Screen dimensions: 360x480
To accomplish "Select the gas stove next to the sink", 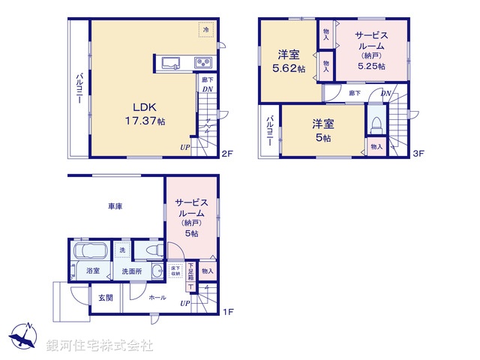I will coord(202,61).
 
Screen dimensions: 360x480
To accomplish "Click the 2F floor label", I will coord(227,154).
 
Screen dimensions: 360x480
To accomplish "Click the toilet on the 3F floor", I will coord(376,120).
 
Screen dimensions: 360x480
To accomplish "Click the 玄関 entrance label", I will coord(105,298).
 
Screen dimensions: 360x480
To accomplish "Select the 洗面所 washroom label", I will coord(127,271).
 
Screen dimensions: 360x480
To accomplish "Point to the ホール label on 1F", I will coord(157,298).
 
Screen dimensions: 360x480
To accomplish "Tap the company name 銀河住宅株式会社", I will coord(100,346).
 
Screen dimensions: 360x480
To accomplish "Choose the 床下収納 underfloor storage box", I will coord(175,271).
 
